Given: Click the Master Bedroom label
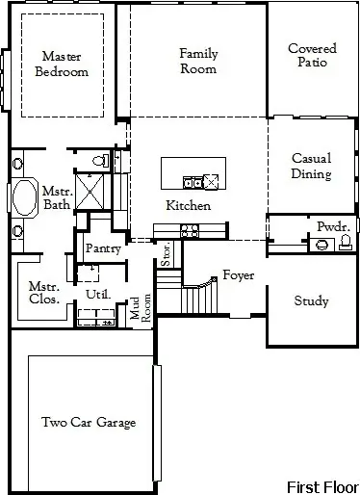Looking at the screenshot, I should (61, 64).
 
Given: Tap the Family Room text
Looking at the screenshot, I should (197, 60).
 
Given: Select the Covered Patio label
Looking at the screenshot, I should (313, 55).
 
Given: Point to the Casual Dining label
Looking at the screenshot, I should (312, 166).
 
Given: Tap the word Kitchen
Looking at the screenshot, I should (188, 206).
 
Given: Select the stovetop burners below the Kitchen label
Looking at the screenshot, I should (190, 230).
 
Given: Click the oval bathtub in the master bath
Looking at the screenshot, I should (21, 200).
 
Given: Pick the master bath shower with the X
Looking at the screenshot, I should (91, 194).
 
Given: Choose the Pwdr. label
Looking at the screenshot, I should (333, 226).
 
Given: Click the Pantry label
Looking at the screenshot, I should (101, 248).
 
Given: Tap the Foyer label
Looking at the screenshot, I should (238, 275).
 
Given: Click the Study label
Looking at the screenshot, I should (312, 301).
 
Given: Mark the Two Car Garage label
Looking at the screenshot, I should (88, 422).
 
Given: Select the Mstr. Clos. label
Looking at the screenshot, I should (44, 292).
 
